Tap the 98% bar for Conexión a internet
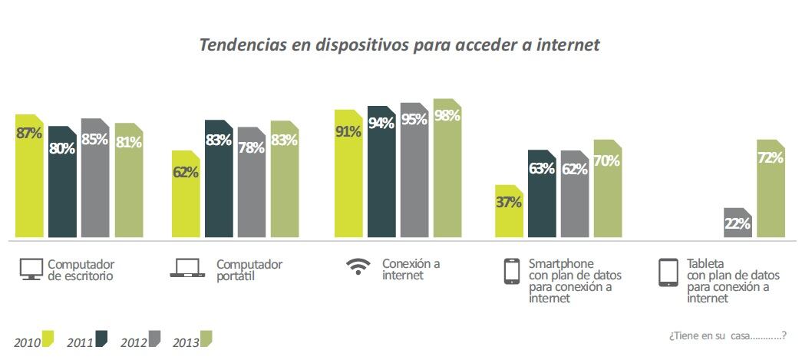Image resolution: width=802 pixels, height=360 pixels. tap(447, 168)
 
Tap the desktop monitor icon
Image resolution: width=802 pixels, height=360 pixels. tap(31, 269)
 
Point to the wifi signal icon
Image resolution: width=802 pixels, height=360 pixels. tap(357, 267)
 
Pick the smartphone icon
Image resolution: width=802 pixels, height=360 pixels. tap(511, 272)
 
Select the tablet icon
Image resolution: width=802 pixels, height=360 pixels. tap(668, 272)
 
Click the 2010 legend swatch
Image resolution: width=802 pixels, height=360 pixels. tap(48, 339)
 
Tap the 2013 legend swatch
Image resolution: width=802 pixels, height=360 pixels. tap(205, 339)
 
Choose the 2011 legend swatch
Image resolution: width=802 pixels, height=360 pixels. tap(101, 339)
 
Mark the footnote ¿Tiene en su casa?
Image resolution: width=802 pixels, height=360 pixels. tap(727, 335)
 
